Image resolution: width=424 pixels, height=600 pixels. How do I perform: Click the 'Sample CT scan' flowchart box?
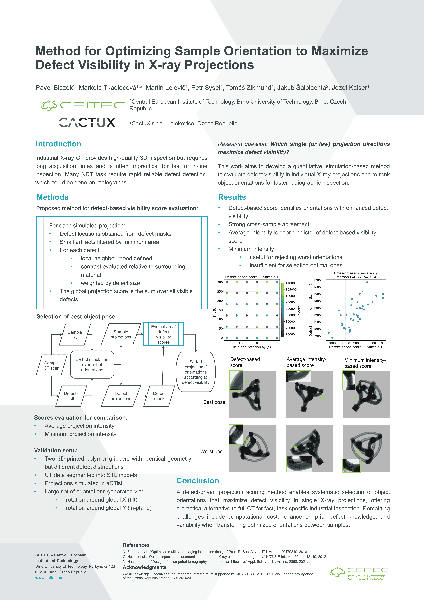51,365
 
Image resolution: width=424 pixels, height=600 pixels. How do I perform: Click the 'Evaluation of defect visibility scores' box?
163,334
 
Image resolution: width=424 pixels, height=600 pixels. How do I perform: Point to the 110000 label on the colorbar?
291,283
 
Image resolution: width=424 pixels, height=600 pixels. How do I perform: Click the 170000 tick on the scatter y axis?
319,280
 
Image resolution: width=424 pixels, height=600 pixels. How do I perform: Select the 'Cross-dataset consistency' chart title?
356,273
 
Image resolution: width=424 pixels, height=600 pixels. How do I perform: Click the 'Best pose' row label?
214,402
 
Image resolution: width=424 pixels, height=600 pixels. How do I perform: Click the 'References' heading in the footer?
136,545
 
